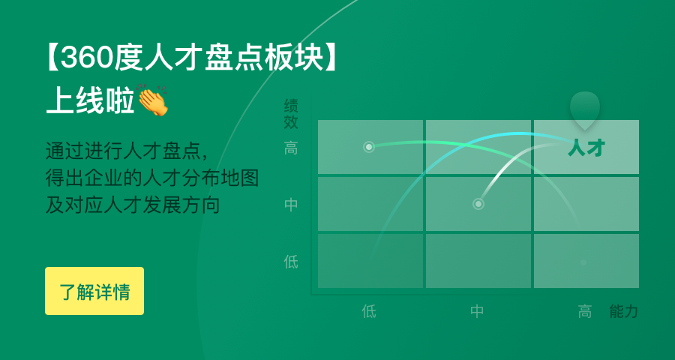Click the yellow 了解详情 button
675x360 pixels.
94,291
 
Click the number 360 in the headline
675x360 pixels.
87,58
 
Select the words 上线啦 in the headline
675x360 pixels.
90,100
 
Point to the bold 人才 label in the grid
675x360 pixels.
586,148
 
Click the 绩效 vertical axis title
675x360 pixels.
291,114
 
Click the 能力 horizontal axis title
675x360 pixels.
623,311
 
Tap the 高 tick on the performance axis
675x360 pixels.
291,148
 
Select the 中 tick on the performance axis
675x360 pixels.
291,204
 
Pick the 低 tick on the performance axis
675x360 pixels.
291,262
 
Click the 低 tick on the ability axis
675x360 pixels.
369,311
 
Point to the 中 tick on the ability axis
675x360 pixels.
477,311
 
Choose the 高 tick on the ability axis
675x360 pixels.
584,311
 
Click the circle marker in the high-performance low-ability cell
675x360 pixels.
368,147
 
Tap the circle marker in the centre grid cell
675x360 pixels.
478,204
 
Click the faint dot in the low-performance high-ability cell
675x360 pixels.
583,262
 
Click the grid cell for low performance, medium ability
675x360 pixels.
478,261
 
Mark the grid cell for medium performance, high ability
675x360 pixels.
586,204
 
